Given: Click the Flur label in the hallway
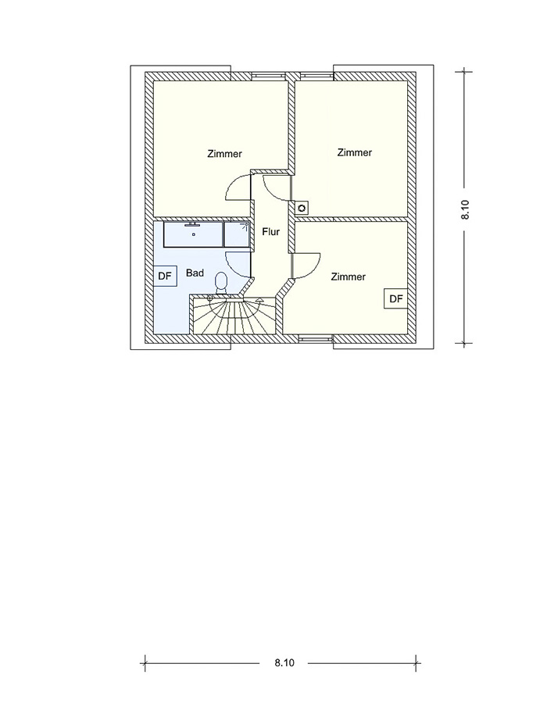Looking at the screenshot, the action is pos(271,232).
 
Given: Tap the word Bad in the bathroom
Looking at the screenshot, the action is pos(195,273).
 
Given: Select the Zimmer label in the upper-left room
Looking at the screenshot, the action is pos(224,154).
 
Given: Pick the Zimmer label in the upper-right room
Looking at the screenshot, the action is pos(355,152).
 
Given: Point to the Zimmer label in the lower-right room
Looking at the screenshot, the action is pos(349,277).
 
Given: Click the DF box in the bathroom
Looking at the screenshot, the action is pos(165,276).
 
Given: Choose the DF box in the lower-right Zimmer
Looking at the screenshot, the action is pos(396,298).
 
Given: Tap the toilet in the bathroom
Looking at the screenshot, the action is pos(221,284).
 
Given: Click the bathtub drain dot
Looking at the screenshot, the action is pos(194,234).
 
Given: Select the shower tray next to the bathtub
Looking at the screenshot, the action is pos(237,234).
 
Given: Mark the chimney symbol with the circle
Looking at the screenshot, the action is pos(302,208).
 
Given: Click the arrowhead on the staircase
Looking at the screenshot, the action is pos(259,300).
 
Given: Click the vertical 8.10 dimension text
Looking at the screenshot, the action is pos(465,209).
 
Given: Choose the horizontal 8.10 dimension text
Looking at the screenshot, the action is pos(284,662).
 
